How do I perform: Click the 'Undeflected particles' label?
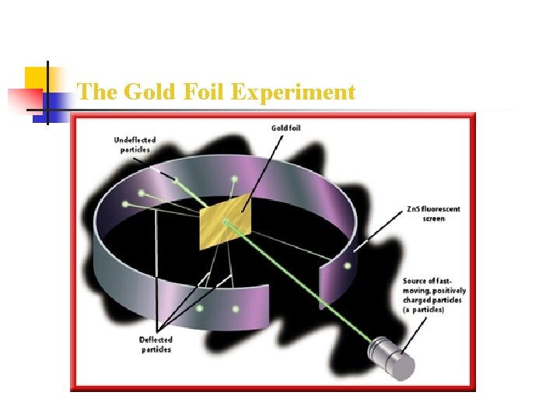pyautogui.click(x=135, y=145)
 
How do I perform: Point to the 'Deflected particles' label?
pyautogui.click(x=156, y=345)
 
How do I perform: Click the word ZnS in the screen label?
pyautogui.click(x=411, y=209)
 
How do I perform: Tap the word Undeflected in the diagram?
pyautogui.click(x=135, y=141)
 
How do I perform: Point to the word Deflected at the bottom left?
pyautogui.click(x=156, y=340)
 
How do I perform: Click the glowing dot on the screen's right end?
pyautogui.click(x=347, y=266)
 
